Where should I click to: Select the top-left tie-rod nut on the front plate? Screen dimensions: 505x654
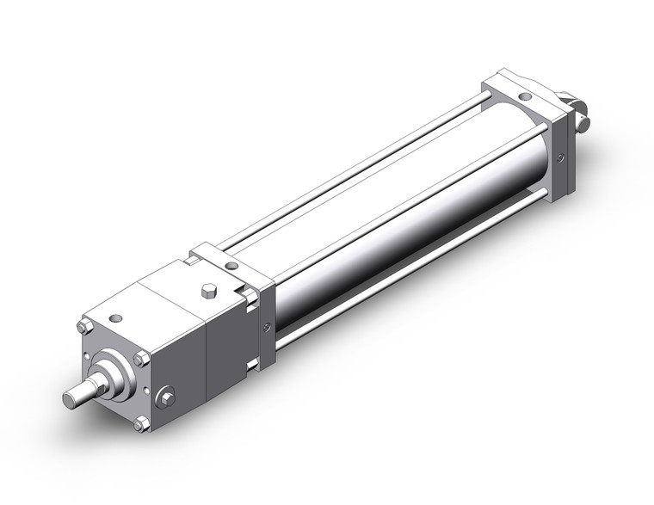(83, 326)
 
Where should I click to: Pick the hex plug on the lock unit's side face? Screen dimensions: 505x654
(166, 397)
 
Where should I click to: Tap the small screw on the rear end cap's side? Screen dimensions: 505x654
(561, 157)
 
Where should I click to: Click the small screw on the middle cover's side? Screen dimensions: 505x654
(267, 326)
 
